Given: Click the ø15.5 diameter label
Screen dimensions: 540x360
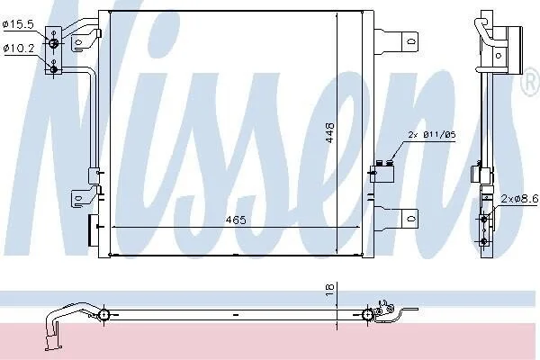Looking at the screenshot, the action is coord(18,24).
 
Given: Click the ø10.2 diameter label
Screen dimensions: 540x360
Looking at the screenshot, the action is coord(19,49).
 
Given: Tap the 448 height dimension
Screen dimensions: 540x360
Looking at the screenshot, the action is coord(330,132).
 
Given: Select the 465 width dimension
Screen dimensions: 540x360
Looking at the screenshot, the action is coord(236,220).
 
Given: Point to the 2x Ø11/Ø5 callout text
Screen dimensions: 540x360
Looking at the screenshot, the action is coord(432,134).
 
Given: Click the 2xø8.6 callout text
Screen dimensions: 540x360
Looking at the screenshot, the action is coord(519,198).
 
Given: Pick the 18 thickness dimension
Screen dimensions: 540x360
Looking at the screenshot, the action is coord(330,290).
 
